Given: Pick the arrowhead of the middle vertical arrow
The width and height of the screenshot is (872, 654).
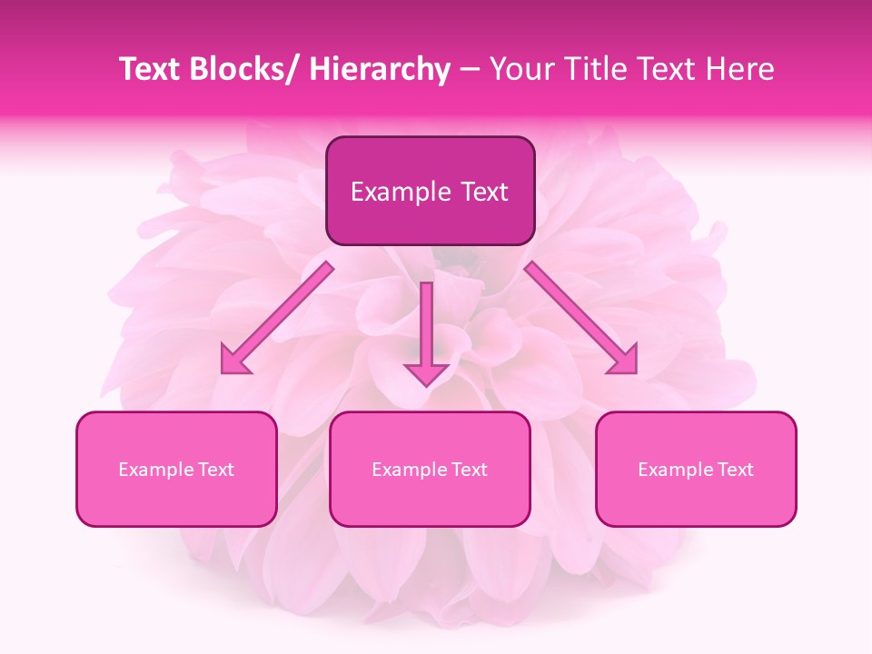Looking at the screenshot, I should pyautogui.click(x=426, y=373).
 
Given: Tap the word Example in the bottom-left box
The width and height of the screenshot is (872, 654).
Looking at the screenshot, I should pyautogui.click(x=150, y=470).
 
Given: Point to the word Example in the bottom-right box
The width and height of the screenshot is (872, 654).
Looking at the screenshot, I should pyautogui.click(x=669, y=470).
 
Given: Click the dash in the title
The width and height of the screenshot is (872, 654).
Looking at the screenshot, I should pyautogui.click(x=470, y=71).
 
